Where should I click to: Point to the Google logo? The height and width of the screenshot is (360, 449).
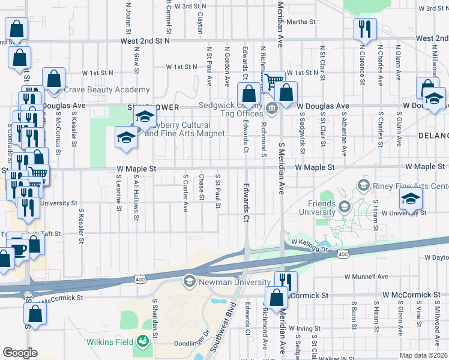20,353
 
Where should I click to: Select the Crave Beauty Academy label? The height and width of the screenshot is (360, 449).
98,89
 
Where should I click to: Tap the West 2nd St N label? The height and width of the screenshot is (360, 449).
145,41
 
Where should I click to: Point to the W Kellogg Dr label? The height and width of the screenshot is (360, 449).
310,242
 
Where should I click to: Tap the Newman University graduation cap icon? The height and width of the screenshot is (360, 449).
189,281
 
